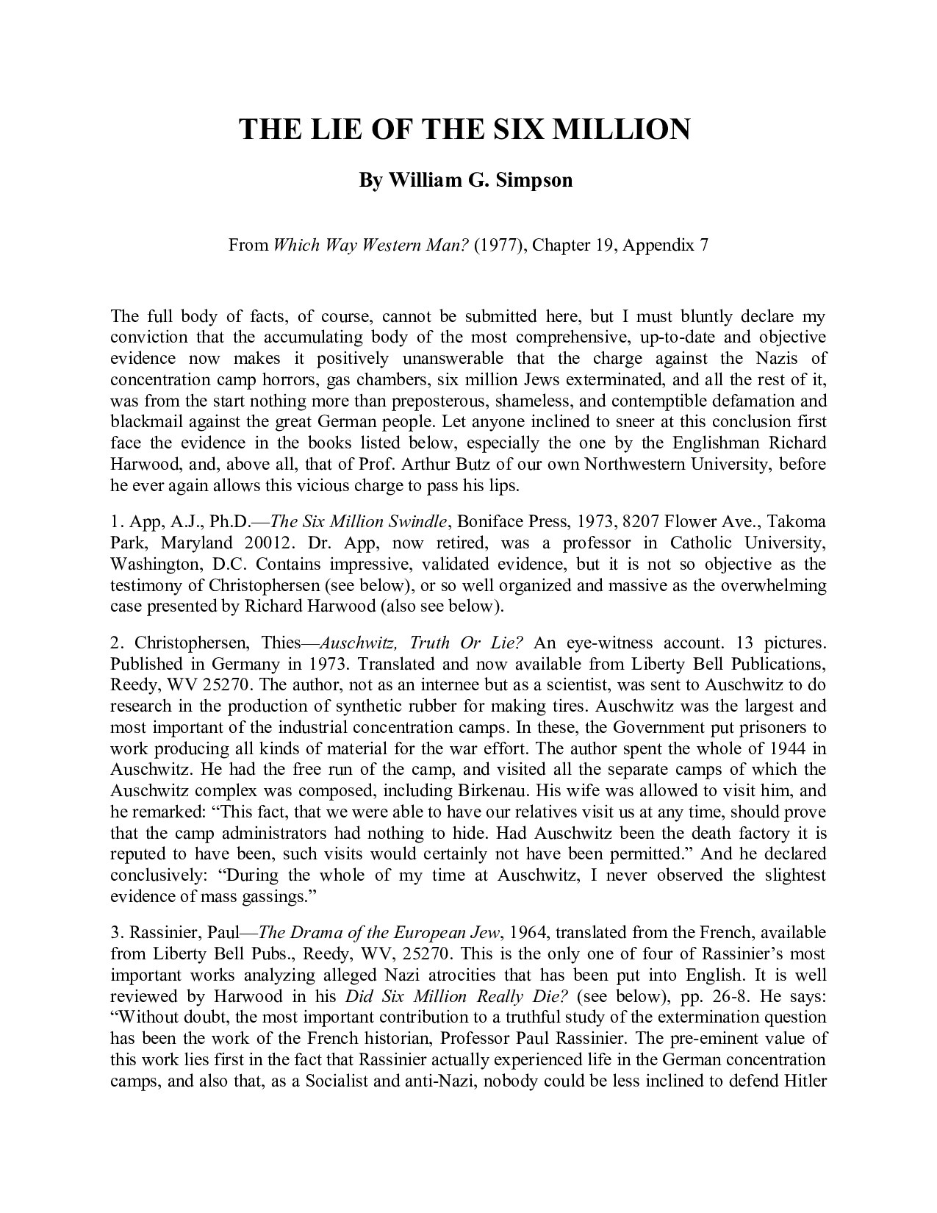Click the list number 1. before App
[x=116, y=522]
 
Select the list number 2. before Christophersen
[x=117, y=643]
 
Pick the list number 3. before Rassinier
[x=117, y=933]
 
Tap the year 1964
[x=527, y=933]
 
